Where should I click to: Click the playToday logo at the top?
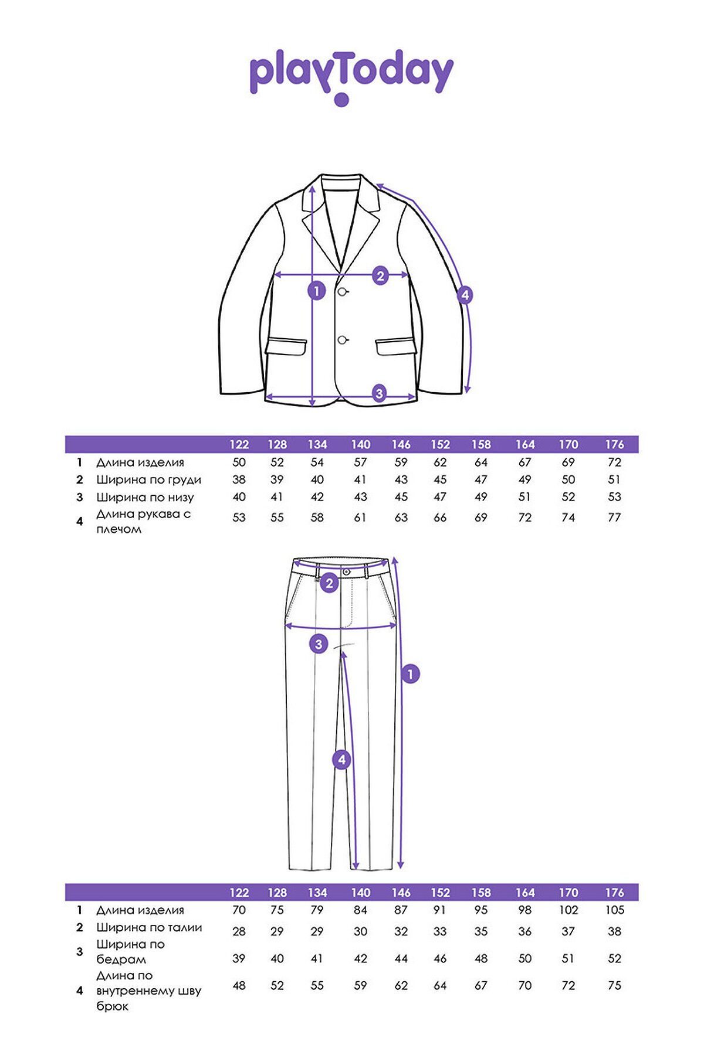(x=351, y=77)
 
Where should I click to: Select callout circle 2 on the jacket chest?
(x=380, y=275)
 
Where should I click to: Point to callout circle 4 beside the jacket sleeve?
(x=465, y=295)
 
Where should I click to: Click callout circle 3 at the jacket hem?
(x=379, y=393)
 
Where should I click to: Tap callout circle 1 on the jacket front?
(x=317, y=290)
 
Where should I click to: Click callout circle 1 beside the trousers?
(x=410, y=674)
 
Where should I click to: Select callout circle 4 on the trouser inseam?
(x=341, y=760)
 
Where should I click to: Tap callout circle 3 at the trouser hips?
(x=319, y=645)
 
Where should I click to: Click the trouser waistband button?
(x=346, y=571)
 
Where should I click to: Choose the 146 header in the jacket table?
(x=401, y=444)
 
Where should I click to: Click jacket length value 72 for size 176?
(x=614, y=462)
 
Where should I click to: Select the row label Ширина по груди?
(x=149, y=480)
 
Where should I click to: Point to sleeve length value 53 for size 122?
(x=239, y=518)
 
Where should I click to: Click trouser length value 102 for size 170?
(x=568, y=910)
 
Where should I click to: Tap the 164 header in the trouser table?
(x=525, y=893)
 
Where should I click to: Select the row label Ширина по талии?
(x=149, y=928)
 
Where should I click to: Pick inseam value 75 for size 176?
(x=614, y=986)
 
